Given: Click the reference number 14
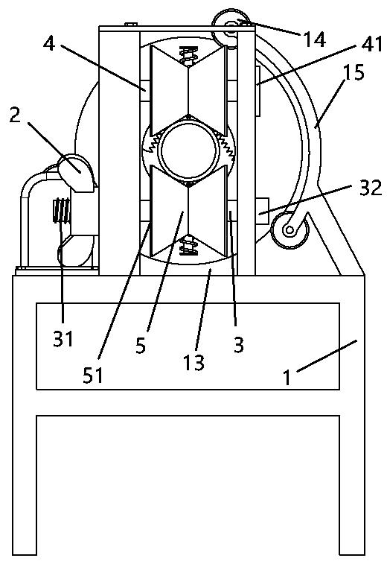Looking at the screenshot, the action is pos(314,39).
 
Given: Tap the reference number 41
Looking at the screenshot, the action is pos(371,45).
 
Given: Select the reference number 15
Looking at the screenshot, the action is pos(354,72).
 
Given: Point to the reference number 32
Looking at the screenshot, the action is pos(371,188).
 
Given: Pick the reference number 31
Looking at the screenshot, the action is pos(63,338).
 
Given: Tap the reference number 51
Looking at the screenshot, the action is pos(92,375).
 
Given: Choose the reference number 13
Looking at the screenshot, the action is pos(193,362).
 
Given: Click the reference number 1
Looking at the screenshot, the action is pos(287,378).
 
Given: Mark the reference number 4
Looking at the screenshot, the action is pos(49,44).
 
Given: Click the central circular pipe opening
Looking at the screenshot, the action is pos(188,150).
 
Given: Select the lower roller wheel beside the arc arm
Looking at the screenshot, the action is pos(289,229).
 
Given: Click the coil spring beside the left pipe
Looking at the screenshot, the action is pos(62,210).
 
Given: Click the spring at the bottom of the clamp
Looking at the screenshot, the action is pos(188,245).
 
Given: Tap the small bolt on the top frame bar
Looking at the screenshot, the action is pos(131,24).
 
